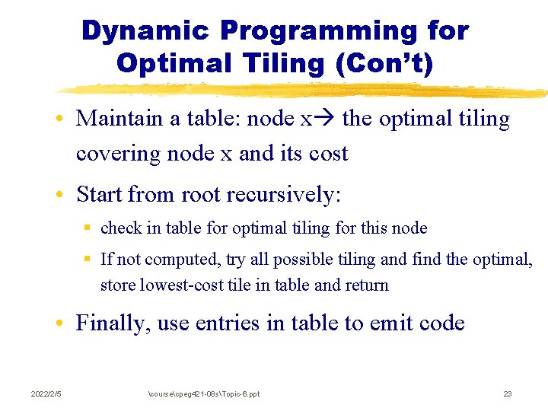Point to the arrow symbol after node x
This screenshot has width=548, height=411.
pos(327,119)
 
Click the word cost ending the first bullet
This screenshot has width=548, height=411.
pos(328,154)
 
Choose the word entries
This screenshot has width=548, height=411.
pos(226,323)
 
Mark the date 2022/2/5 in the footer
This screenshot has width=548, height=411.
pos(46,393)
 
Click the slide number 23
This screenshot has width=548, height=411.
pos(508,393)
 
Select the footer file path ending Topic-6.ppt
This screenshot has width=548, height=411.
pos(203,393)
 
